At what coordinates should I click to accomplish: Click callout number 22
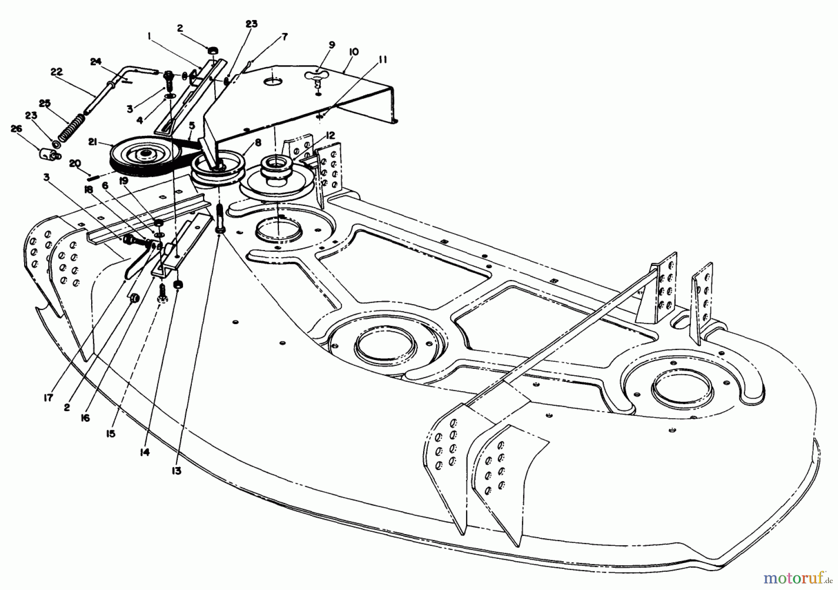[x=56, y=73]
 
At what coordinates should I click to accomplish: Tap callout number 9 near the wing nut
[x=331, y=45]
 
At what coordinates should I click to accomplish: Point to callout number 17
[x=48, y=397]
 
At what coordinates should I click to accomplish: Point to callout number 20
[x=74, y=163]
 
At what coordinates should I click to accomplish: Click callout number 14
[x=145, y=452]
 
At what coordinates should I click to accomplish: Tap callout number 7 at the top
[x=284, y=36]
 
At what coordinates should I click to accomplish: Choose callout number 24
[x=96, y=61]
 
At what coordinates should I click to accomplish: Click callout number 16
[x=86, y=418]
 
